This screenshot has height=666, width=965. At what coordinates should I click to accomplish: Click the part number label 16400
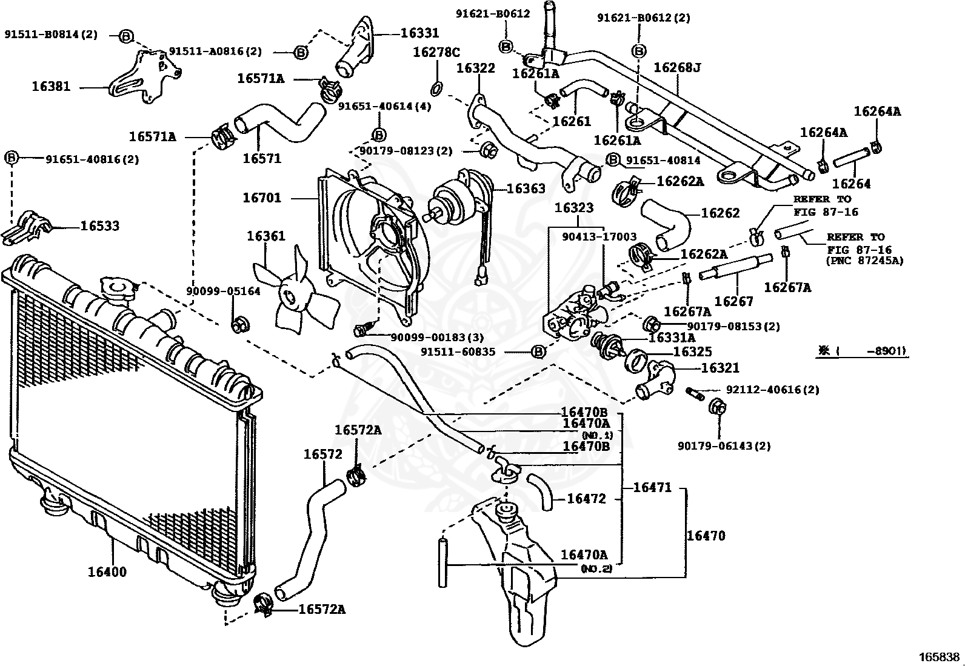point(107,571)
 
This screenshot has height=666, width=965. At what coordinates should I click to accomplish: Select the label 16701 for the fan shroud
point(262,198)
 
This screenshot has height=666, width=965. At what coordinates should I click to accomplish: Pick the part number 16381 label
point(51,87)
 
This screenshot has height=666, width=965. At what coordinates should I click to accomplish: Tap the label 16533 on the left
point(100,226)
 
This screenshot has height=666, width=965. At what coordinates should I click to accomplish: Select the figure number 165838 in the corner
point(940,657)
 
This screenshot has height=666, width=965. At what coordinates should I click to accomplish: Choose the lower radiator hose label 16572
point(323,454)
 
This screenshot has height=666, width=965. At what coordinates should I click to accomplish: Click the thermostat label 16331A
point(672,338)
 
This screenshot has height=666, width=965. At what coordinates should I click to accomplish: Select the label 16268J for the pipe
point(676,67)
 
